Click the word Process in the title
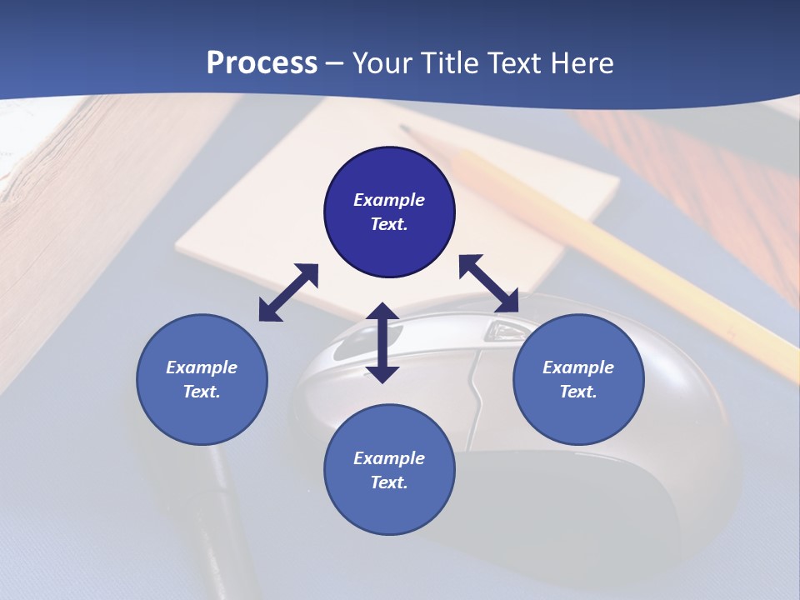tap(262, 63)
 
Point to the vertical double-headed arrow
tap(382, 342)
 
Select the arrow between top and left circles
tap(288, 292)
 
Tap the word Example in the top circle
tap(389, 200)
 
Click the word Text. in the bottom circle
tap(389, 482)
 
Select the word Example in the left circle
tap(202, 367)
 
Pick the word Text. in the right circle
tap(578, 392)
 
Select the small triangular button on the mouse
tap(502, 331)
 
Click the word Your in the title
tap(381, 63)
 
